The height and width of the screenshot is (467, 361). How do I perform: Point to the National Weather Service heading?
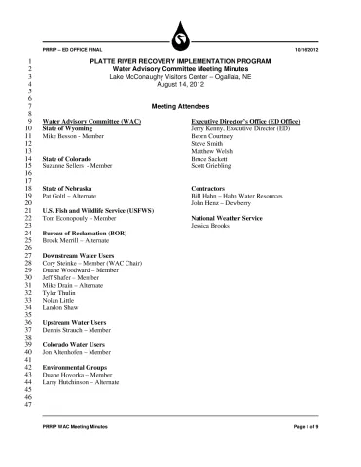point(234,219)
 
